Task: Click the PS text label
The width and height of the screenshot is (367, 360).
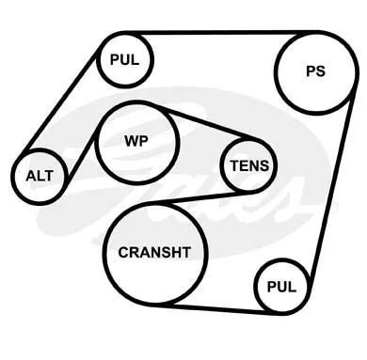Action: (315, 71)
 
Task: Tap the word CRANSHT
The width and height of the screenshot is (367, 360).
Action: (154, 252)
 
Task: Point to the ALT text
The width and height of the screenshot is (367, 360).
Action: (40, 176)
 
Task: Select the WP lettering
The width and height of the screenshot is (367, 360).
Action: (136, 141)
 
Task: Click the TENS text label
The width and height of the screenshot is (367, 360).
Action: (249, 165)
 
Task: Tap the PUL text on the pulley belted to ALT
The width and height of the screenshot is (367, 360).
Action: (125, 59)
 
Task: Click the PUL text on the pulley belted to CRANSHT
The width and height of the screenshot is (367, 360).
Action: (281, 287)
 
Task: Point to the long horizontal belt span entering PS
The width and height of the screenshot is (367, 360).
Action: (219, 33)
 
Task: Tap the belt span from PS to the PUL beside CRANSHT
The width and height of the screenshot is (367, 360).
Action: (331, 184)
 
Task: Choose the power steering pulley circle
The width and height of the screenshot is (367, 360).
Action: (315, 71)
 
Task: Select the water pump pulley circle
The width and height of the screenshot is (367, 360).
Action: (137, 143)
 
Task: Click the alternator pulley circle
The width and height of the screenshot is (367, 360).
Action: (40, 177)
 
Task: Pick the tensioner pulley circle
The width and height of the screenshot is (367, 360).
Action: (248, 165)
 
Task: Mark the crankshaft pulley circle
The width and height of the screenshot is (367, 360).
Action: (155, 254)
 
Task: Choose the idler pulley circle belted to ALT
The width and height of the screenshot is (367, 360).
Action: (125, 59)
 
